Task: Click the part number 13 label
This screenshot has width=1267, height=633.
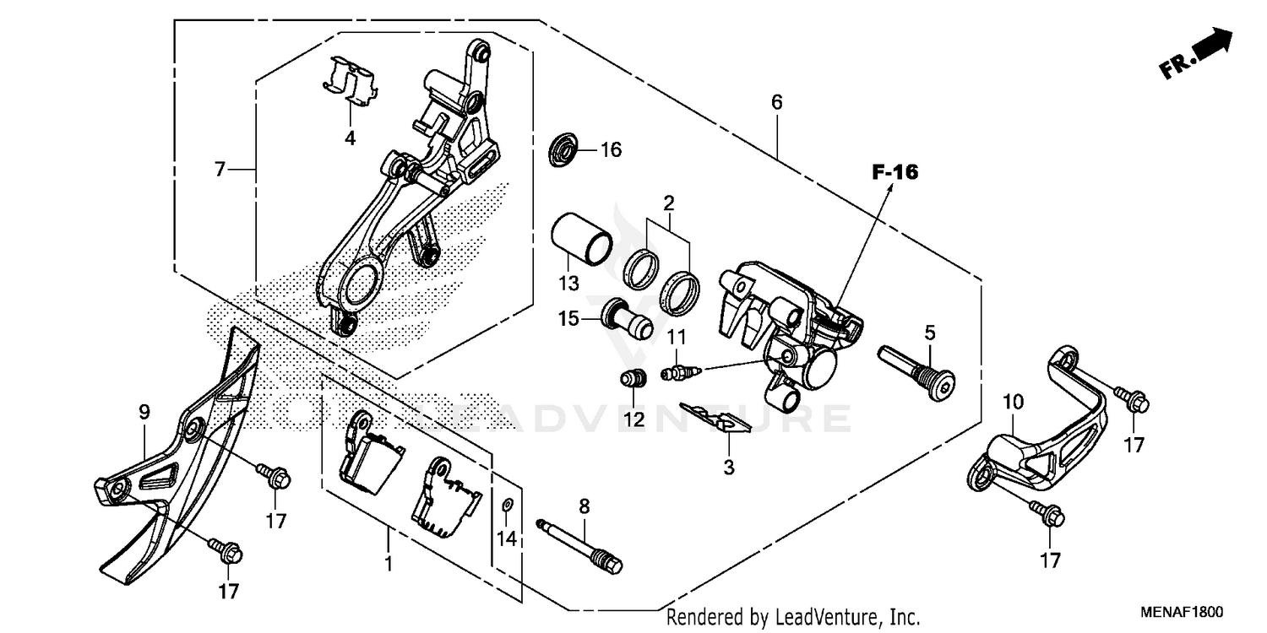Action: (x=568, y=281)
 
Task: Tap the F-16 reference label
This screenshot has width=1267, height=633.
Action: (x=895, y=172)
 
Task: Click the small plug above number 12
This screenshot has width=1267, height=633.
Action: (x=633, y=379)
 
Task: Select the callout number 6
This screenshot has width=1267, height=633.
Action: (x=776, y=103)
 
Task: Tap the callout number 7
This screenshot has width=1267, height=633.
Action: (x=220, y=170)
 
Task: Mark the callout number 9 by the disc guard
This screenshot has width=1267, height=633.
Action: (x=144, y=412)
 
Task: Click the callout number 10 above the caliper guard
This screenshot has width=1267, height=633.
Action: (x=1014, y=400)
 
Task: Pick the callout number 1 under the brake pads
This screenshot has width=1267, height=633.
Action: (x=389, y=563)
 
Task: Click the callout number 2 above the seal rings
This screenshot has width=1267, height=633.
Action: (x=668, y=203)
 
